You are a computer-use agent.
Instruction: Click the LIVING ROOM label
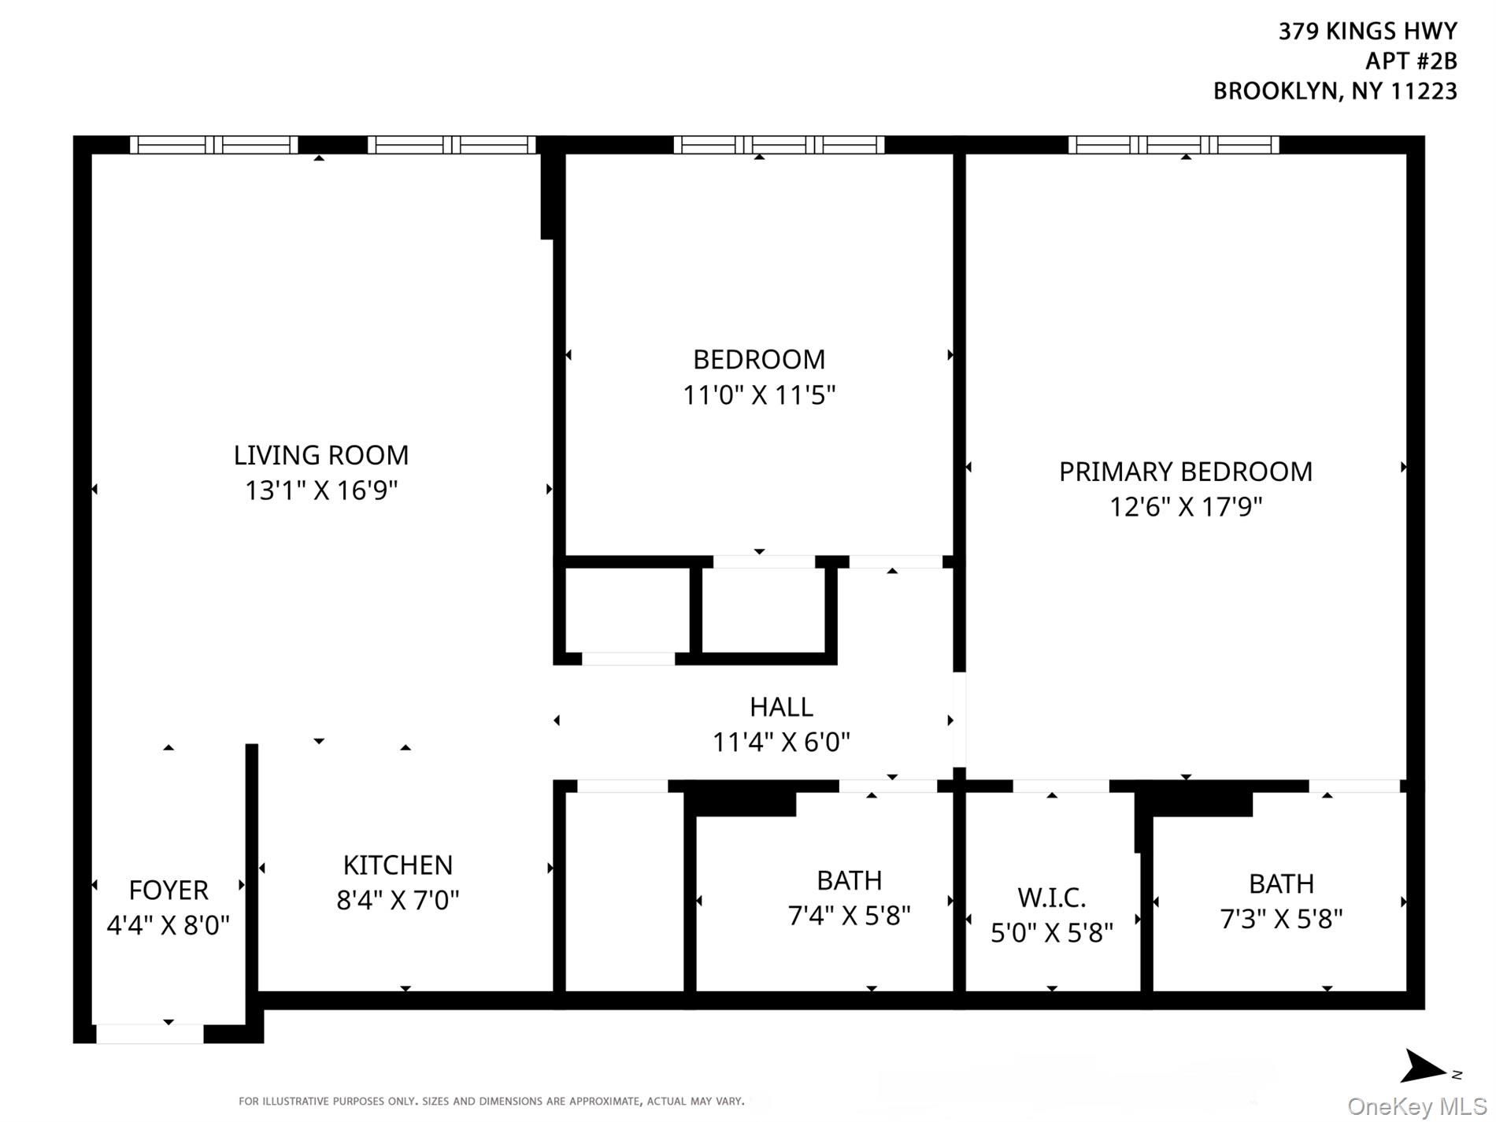click(x=320, y=455)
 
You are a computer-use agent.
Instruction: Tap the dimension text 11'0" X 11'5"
click(x=759, y=394)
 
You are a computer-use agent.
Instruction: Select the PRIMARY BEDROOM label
click(x=1185, y=472)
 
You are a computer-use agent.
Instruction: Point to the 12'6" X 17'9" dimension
click(x=1185, y=506)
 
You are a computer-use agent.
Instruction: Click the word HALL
click(x=781, y=707)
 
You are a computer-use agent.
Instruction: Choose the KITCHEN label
click(x=398, y=865)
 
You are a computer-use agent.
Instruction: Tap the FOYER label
click(x=168, y=891)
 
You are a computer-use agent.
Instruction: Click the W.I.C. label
click(x=1051, y=898)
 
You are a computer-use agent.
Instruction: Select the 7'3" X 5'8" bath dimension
click(x=1280, y=919)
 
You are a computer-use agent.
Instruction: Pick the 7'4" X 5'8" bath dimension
click(x=849, y=916)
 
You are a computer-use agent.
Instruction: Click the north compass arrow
click(x=1424, y=1068)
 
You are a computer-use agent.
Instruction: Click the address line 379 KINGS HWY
click(x=1367, y=31)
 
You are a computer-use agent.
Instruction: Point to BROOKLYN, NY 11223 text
click(x=1335, y=91)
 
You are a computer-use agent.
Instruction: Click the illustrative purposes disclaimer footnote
click(x=491, y=1101)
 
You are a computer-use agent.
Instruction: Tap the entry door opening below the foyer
click(x=150, y=1034)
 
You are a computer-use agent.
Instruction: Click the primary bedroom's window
click(x=1173, y=145)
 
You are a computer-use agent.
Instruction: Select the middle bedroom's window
click(x=779, y=145)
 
